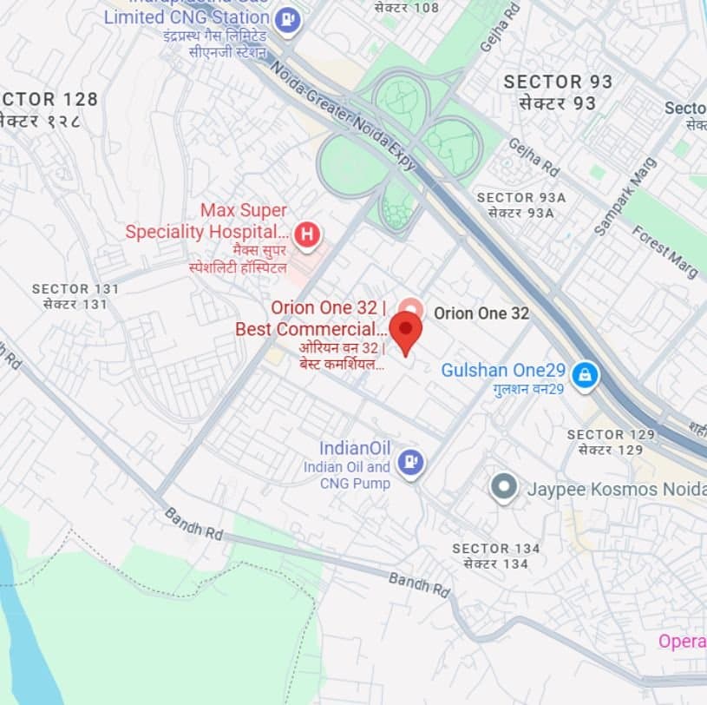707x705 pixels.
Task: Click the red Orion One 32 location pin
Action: [x=405, y=332]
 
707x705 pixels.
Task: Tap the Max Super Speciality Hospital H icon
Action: [x=306, y=234]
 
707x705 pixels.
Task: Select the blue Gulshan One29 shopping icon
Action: [x=586, y=375]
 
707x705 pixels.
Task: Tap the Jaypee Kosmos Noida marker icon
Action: [x=504, y=488]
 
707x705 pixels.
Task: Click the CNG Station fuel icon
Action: [x=287, y=18]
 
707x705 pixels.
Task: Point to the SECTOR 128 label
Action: [x=49, y=100]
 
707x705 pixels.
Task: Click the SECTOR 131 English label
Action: [x=73, y=288]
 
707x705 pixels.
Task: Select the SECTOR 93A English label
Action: [x=520, y=198]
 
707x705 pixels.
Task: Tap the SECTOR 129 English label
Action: [x=607, y=434]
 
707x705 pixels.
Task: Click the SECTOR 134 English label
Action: [x=496, y=549]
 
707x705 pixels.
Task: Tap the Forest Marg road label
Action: [x=664, y=252]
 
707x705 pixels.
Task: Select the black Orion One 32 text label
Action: [x=481, y=313]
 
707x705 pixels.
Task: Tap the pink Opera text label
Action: [x=682, y=641]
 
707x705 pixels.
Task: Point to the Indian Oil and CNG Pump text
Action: [x=347, y=475]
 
